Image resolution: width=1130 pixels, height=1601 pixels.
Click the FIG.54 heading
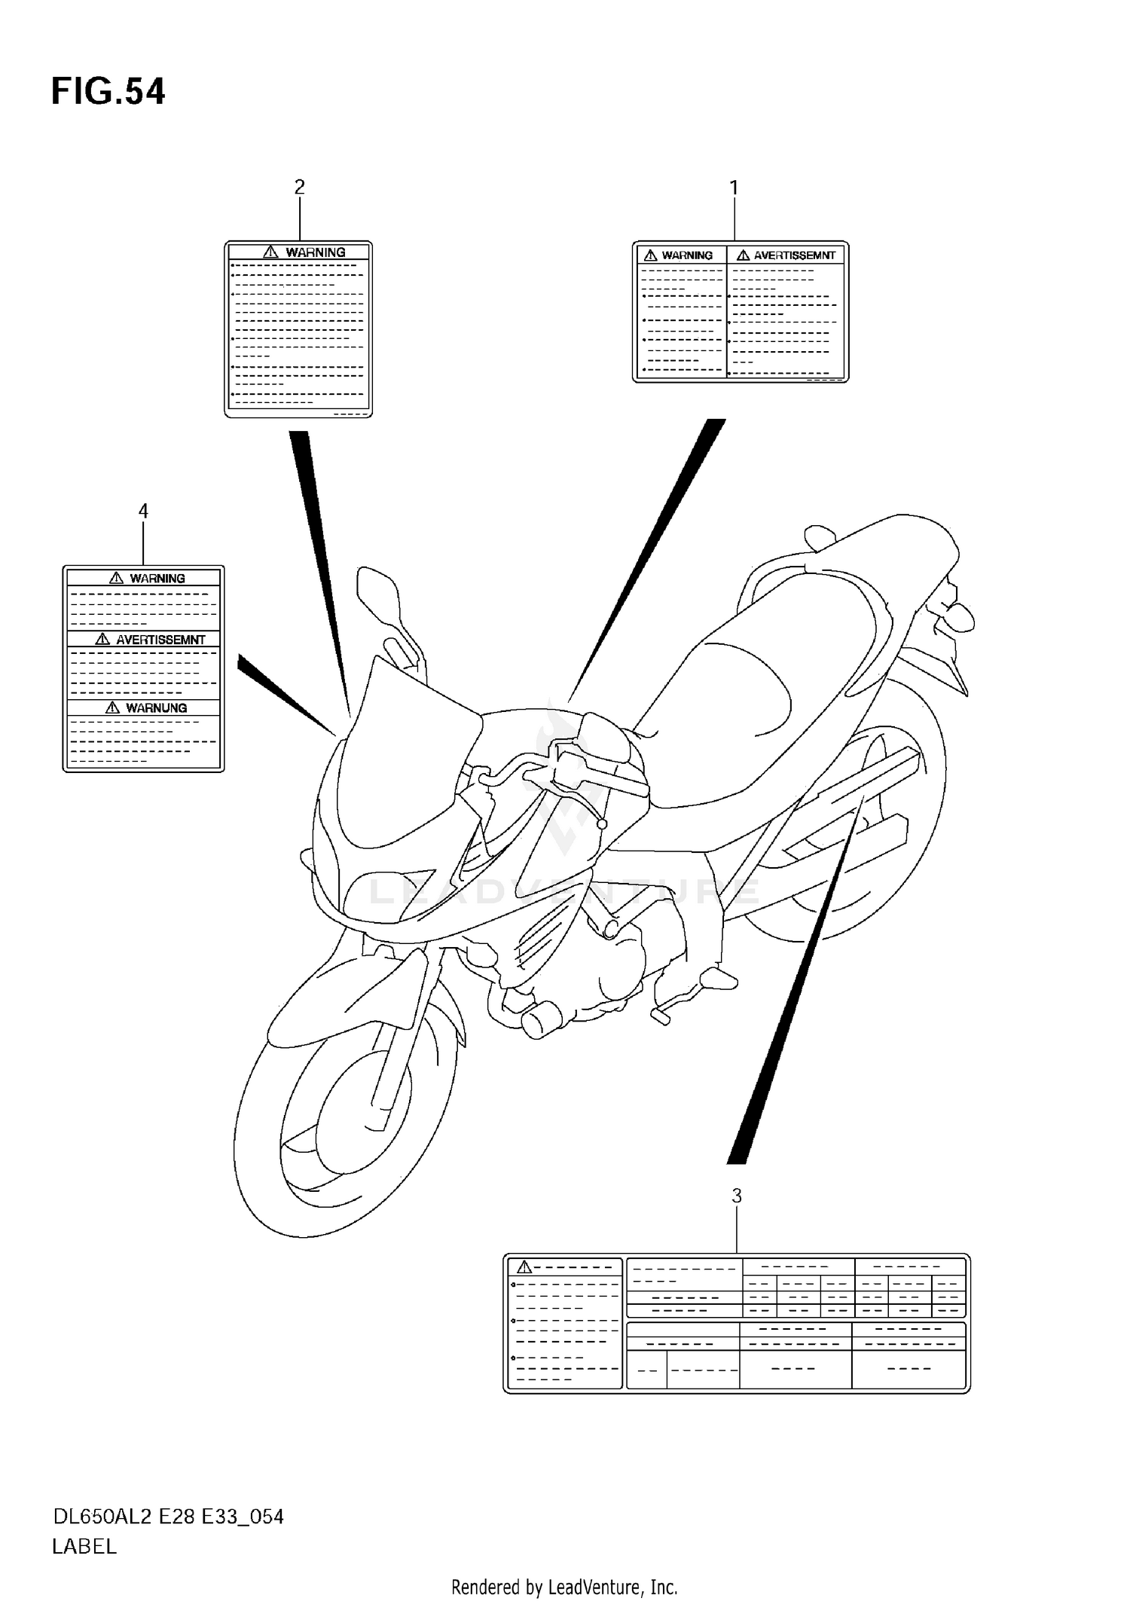click(108, 92)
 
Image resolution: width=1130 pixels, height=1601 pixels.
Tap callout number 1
click(734, 188)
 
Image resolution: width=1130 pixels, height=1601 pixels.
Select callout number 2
click(299, 187)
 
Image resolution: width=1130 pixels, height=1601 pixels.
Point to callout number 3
click(737, 1196)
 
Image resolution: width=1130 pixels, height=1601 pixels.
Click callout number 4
click(143, 511)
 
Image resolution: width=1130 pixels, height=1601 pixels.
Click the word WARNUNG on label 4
click(156, 708)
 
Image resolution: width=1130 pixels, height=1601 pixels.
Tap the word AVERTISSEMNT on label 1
click(794, 255)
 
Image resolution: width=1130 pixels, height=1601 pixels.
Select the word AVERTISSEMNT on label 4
click(160, 640)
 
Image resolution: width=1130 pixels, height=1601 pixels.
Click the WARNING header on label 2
click(315, 252)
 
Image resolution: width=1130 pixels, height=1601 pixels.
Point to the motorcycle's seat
click(753, 693)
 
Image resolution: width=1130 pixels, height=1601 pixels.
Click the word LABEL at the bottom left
click(84, 1547)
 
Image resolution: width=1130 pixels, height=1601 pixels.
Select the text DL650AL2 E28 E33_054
click(167, 1517)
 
